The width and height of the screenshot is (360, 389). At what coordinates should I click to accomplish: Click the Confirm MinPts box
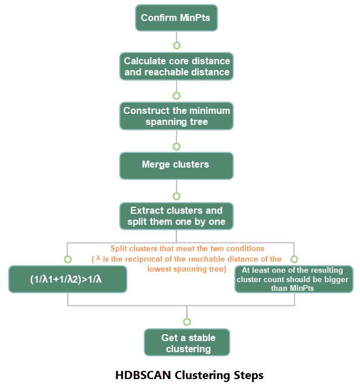[176, 18]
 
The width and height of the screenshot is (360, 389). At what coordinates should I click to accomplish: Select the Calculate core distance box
[176, 66]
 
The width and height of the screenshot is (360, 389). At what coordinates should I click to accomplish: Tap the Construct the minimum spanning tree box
[176, 116]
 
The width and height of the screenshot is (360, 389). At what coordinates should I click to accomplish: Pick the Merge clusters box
[176, 166]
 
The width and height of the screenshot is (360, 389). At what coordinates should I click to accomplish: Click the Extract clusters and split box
[176, 216]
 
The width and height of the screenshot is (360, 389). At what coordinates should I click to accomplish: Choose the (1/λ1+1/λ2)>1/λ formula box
[68, 279]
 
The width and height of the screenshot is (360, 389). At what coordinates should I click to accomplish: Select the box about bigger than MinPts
[294, 279]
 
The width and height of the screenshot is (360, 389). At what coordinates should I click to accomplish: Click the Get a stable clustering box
[187, 342]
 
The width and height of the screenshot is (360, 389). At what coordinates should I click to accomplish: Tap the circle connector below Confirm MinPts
[176, 46]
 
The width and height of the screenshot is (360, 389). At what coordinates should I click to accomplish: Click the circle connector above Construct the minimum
[176, 96]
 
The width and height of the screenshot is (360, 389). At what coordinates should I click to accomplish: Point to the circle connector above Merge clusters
[176, 147]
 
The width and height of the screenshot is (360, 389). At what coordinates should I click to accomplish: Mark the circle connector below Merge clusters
[176, 196]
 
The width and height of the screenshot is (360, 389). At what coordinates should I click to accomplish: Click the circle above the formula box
[68, 259]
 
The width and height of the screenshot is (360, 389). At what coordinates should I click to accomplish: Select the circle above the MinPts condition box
[294, 259]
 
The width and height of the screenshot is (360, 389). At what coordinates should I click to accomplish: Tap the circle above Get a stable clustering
[187, 322]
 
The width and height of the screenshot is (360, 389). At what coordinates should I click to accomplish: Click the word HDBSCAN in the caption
[143, 375]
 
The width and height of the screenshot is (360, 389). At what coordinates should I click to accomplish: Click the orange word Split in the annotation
[119, 249]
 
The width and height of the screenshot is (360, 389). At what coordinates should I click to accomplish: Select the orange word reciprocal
[144, 259]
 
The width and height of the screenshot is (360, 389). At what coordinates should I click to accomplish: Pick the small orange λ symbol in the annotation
[98, 258]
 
